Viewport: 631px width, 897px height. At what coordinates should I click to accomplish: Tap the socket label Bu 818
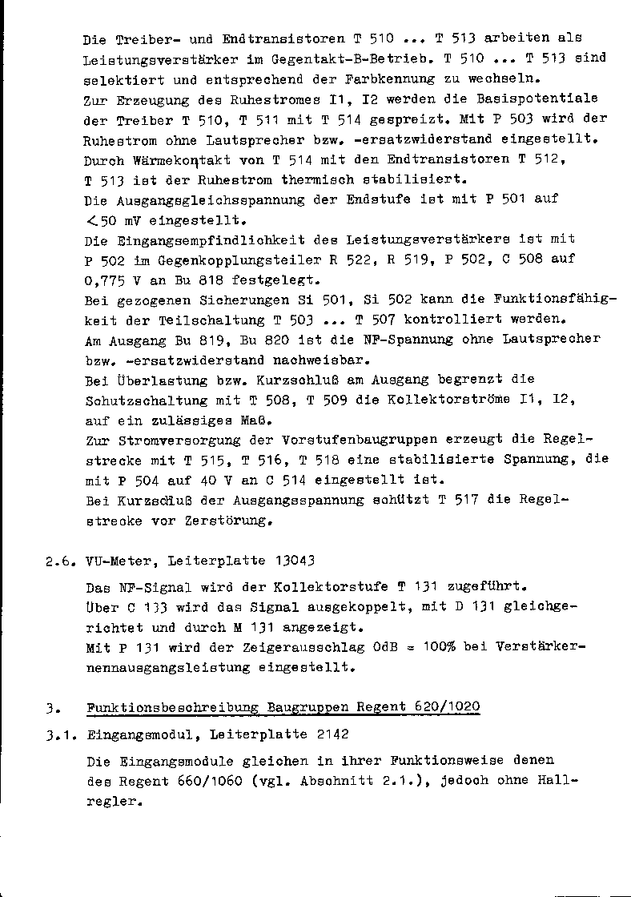(195, 280)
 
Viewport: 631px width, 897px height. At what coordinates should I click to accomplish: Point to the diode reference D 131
(477, 607)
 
